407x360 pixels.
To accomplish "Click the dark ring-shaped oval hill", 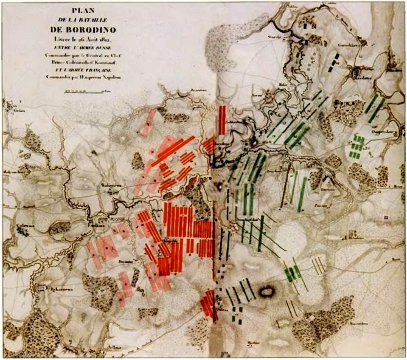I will click(266, 292).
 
